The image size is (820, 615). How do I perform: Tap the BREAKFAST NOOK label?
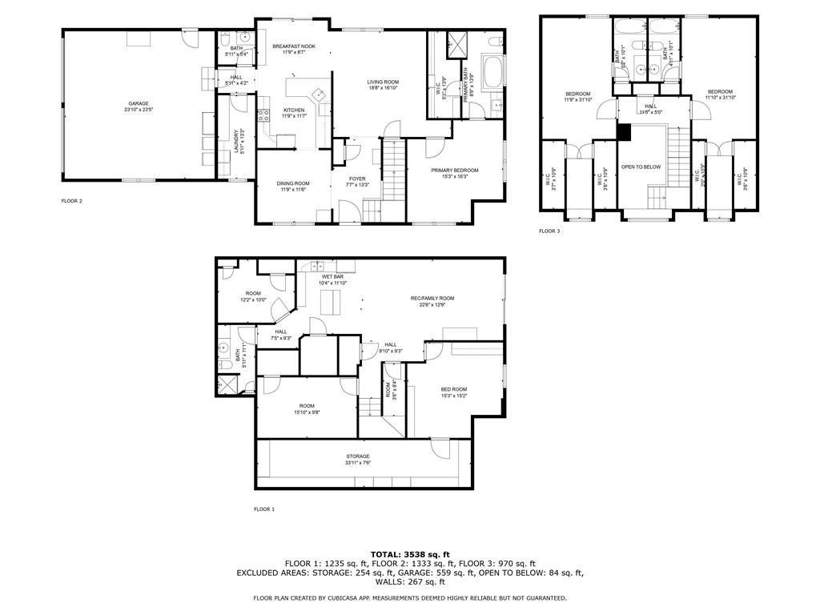point(293,46)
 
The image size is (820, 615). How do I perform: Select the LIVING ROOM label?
point(383,82)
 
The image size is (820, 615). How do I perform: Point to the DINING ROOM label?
point(293,183)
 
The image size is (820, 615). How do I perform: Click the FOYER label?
point(357,179)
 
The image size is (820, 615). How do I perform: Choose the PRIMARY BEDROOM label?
point(454,170)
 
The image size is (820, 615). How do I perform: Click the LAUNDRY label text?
point(235,143)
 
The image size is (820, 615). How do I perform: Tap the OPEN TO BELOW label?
point(641,167)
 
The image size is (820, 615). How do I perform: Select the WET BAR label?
point(333,276)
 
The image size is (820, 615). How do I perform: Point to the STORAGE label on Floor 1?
point(358,456)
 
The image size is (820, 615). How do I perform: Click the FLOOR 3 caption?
point(549,231)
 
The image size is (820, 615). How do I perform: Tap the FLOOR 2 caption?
point(72,201)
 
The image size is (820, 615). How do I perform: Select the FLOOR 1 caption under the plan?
point(264,509)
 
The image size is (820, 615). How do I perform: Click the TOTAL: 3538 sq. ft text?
point(410,554)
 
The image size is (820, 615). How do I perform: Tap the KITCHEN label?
point(293,110)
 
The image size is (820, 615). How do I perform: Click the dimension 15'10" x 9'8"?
point(307,412)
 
